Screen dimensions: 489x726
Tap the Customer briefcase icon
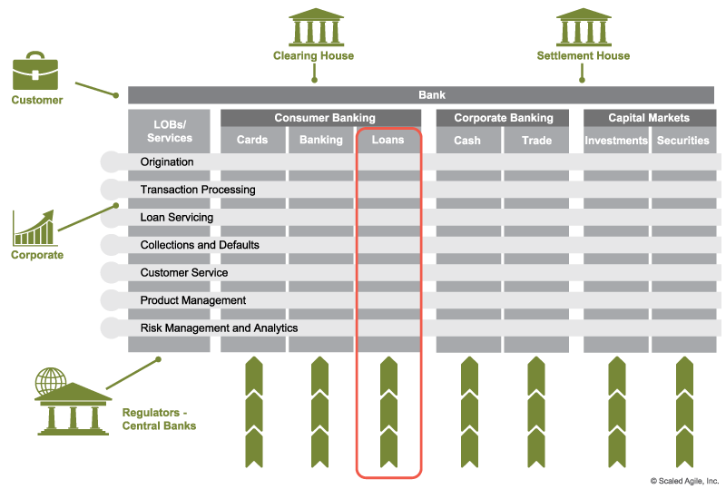[35, 73]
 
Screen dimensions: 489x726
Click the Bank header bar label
[432, 95]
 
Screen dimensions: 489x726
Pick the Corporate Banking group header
[503, 118]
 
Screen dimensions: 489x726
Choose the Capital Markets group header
[649, 118]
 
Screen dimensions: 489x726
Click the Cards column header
[252, 141]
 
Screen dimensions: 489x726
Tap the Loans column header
[388, 141]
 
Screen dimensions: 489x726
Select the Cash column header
[467, 141]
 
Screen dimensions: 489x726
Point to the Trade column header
[536, 141]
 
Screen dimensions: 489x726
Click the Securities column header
[682, 141]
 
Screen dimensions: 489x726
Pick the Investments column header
[616, 141]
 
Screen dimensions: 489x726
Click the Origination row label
[167, 162]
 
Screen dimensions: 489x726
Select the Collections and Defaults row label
[200, 245]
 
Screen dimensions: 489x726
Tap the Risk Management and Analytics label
[219, 328]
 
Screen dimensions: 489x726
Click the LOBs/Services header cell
[170, 132]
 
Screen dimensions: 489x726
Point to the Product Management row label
[193, 300]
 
